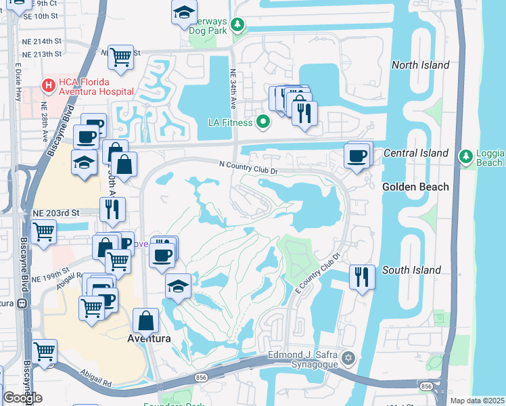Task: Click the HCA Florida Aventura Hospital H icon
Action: [x=48, y=86]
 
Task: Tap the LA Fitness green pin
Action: [x=264, y=122]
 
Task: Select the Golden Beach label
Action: [x=415, y=187]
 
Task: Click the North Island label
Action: [x=420, y=65]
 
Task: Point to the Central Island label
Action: [x=416, y=153]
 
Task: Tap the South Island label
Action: [x=411, y=270]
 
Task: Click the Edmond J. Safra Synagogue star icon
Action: [x=348, y=357]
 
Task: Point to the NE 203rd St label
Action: [x=56, y=212]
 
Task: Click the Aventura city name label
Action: [x=148, y=338]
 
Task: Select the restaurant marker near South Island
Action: [x=362, y=276]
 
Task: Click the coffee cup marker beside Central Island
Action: [x=356, y=156]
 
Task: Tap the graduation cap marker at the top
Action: [x=183, y=12]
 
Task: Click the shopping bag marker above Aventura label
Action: [x=146, y=320]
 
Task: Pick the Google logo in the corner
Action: [x=22, y=398]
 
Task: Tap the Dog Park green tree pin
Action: [x=237, y=26]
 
